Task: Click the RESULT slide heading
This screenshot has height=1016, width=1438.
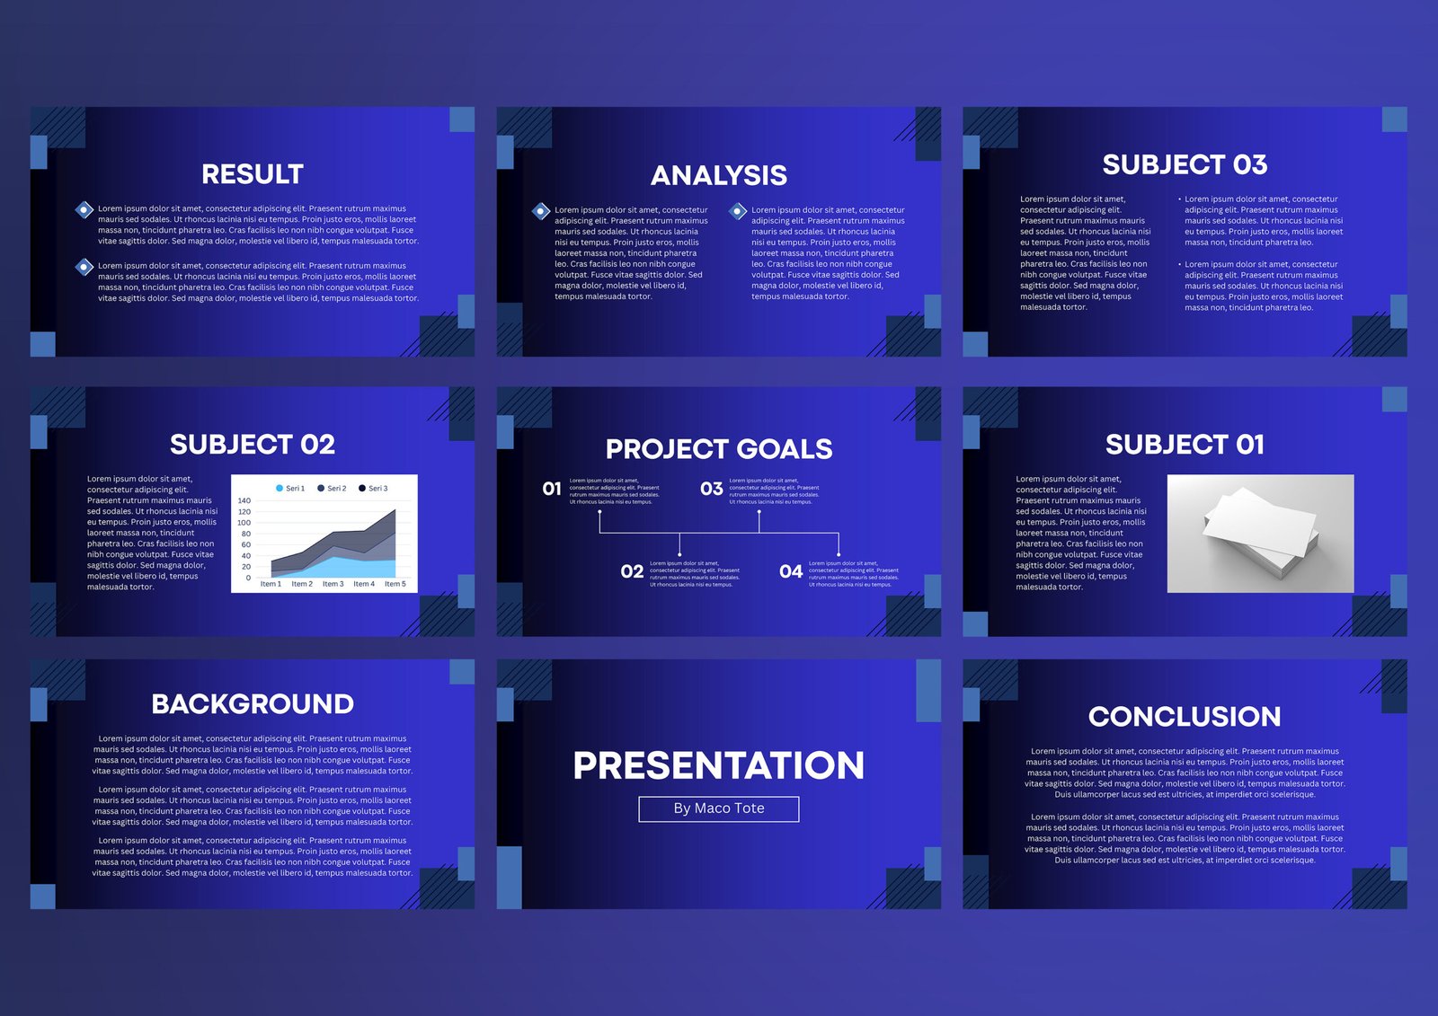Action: [253, 174]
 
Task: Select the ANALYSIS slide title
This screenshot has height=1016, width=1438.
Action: [719, 176]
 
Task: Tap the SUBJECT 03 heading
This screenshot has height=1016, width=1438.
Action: [1185, 165]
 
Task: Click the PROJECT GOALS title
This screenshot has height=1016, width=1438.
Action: [719, 449]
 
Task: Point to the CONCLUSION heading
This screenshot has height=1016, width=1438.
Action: [1185, 717]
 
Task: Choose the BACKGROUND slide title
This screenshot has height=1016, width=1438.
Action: [253, 704]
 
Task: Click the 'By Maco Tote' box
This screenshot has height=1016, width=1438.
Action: [719, 808]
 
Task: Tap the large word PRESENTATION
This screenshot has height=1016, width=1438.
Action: [719, 765]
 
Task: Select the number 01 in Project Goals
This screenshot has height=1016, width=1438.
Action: [552, 489]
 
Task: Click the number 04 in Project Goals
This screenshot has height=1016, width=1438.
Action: [791, 571]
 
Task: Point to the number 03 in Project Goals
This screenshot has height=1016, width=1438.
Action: [712, 489]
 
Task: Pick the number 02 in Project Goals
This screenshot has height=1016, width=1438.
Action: [632, 571]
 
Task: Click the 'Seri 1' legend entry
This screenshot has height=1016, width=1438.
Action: [290, 489]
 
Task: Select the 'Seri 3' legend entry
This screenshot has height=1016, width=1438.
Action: [374, 489]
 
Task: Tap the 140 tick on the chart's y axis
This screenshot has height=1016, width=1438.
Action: [244, 500]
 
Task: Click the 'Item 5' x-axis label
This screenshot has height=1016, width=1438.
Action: [395, 584]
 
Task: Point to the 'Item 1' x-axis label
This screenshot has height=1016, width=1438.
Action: [271, 584]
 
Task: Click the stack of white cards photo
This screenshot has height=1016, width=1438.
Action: [1260, 534]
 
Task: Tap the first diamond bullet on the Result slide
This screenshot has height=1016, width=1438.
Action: [84, 210]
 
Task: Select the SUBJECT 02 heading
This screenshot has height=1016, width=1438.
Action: [253, 445]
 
